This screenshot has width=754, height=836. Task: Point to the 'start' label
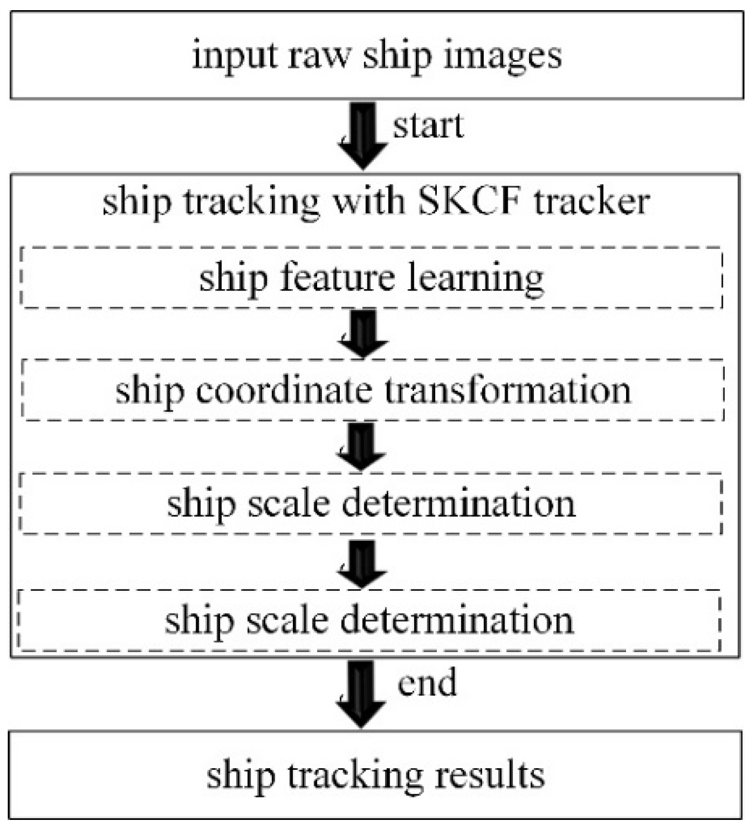428,126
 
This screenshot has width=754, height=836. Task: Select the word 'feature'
337,278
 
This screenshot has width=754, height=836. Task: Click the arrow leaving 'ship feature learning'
362,334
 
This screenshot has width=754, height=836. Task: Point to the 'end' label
427,682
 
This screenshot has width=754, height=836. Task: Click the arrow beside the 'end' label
360,694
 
